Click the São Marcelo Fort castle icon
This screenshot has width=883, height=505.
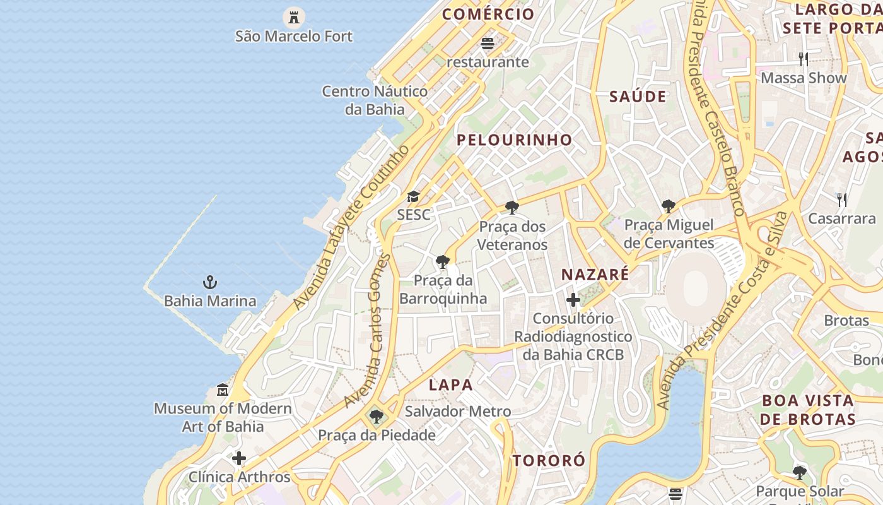(293, 16)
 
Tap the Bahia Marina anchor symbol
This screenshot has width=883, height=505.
(210, 282)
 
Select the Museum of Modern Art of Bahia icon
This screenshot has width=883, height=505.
(223, 390)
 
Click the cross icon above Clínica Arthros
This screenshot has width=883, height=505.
(239, 458)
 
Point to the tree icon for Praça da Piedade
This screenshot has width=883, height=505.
(377, 417)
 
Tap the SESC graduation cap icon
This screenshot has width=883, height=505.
(413, 197)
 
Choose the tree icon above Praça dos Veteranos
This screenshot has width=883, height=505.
(512, 207)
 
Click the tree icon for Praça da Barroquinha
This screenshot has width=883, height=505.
(443, 261)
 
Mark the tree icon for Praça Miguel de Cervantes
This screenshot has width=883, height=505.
(669, 206)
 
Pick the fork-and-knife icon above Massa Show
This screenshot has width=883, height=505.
(804, 59)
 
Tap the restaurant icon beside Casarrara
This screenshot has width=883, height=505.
(842, 200)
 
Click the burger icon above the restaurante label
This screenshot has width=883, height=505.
(487, 44)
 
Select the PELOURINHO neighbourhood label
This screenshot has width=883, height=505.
(515, 140)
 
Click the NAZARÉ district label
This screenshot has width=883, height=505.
(595, 275)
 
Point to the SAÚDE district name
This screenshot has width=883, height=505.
(638, 97)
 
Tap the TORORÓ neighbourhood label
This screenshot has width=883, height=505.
(549, 461)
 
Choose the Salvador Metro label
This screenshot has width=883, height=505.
(458, 412)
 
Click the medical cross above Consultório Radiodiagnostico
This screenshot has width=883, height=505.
(573, 300)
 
